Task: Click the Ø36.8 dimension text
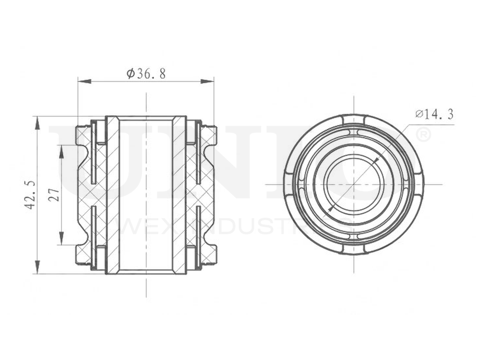pyautogui.click(x=146, y=73)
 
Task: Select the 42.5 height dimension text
pyautogui.click(x=30, y=194)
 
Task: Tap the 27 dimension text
pyautogui.click(x=54, y=194)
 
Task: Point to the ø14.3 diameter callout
pyautogui.click(x=434, y=114)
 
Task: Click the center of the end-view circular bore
pyautogui.click(x=354, y=184)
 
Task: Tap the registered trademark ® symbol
pyautogui.click(x=422, y=135)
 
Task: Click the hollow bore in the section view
pyautogui.click(x=146, y=194)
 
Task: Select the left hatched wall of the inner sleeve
pyautogui.click(x=112, y=194)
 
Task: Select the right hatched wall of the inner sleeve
pyautogui.click(x=179, y=194)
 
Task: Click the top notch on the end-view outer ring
pyautogui.click(x=354, y=118)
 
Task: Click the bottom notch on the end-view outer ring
pyautogui.click(x=354, y=250)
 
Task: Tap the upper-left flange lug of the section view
pyautogui.click(x=84, y=135)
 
